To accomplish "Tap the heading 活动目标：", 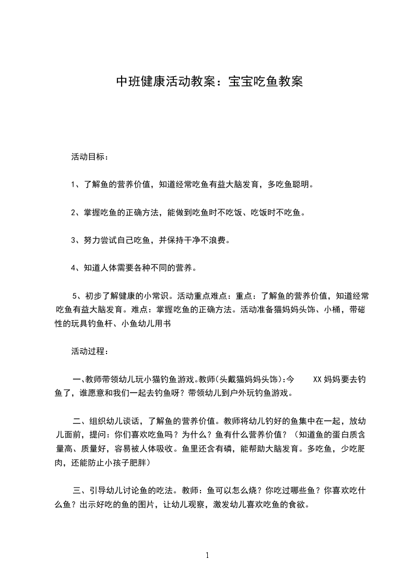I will [90, 156].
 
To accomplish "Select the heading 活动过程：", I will [90, 351].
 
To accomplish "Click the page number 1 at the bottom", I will [207, 556].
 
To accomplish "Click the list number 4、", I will [76, 269].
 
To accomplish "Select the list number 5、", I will [77, 296].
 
